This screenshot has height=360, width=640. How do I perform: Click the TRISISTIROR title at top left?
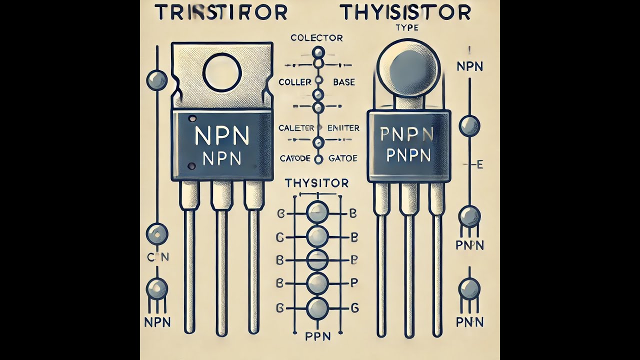221,13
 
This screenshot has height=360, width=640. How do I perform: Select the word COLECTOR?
316,37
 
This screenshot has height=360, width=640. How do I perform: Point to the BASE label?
343,82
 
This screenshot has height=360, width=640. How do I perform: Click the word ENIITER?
342,128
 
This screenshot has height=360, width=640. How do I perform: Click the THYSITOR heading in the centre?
316,183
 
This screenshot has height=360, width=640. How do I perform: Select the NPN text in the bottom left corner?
158,320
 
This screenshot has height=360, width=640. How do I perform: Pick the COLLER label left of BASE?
295,82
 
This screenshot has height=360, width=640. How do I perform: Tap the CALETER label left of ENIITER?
296,128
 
